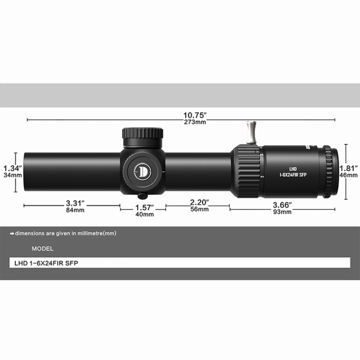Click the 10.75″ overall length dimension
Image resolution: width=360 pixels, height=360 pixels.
pos(194,115)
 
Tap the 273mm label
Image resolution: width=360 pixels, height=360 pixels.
pos(194,122)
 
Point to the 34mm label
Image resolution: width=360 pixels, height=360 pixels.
pos(12,176)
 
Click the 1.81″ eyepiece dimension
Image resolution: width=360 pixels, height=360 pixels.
pos(349,168)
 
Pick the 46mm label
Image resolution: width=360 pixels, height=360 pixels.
pos(349,176)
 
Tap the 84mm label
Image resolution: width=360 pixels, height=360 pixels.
pos(75,210)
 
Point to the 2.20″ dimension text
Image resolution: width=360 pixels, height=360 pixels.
pos(199,202)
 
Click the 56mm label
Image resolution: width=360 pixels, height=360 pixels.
pos(199,209)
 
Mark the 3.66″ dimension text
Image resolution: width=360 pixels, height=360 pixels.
pos(282,204)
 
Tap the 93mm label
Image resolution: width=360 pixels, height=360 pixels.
pos(282,212)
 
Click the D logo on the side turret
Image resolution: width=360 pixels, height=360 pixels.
pos(143,170)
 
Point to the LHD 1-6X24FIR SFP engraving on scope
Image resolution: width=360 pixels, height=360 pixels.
pos(293,172)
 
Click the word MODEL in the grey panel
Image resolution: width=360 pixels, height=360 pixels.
pos(43,249)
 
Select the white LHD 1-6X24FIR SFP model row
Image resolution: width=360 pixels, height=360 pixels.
pos(180,263)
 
